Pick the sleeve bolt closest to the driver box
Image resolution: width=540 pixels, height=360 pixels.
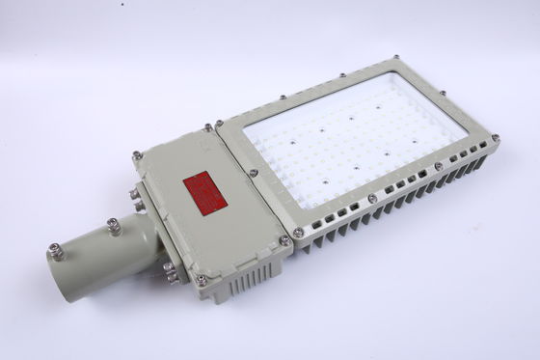pos(113,225)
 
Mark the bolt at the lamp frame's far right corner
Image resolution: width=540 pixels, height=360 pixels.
pos(496,140)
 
